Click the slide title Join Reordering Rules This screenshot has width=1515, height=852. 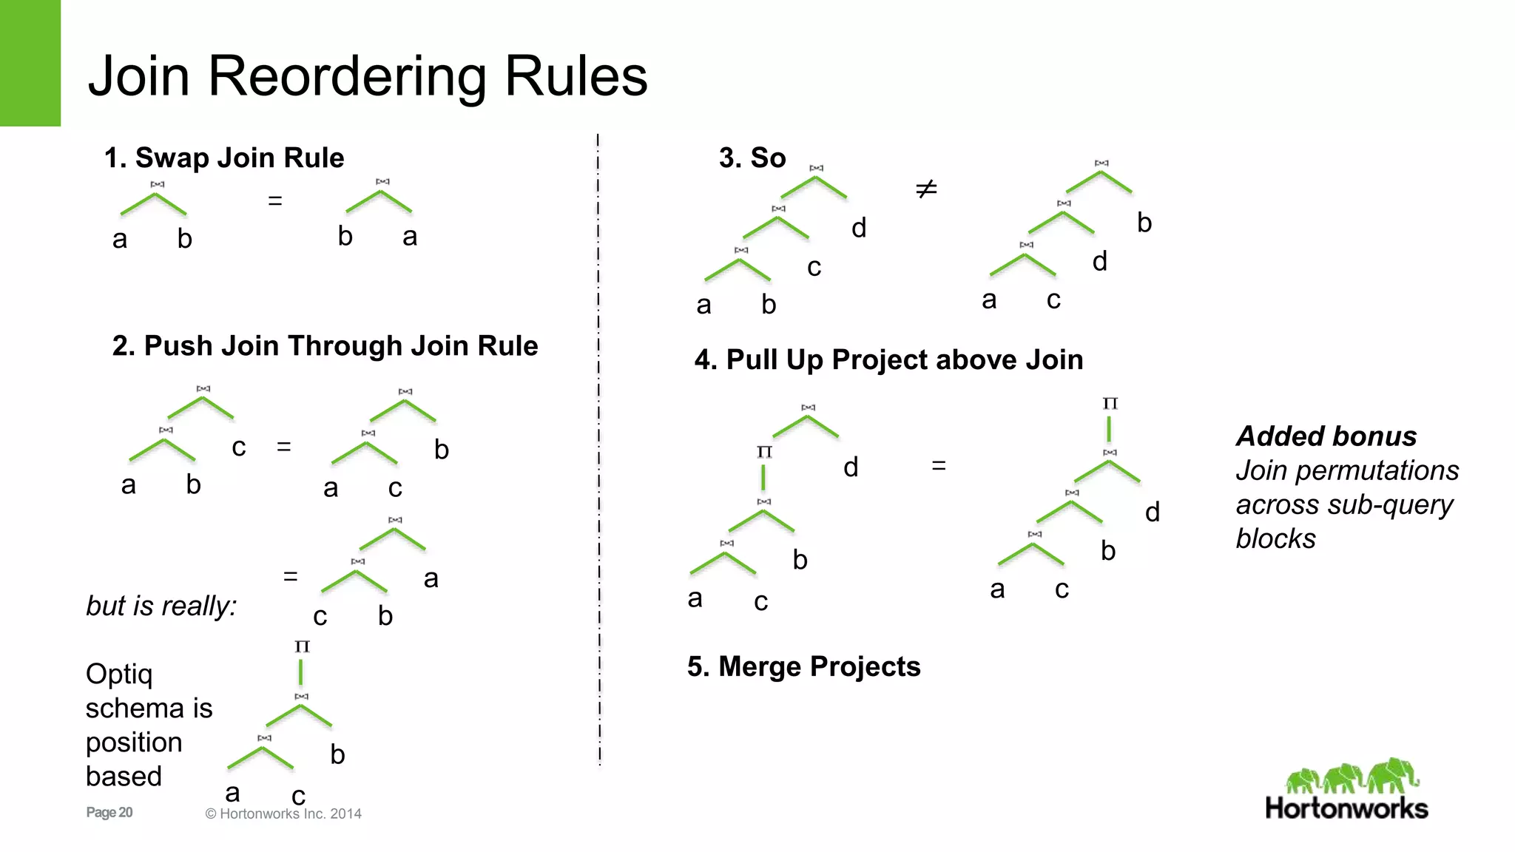pos(368,76)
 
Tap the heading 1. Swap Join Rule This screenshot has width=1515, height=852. pos(224,158)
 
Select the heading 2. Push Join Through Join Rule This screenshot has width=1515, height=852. pos(325,345)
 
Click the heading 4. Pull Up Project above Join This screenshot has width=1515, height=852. pos(888,359)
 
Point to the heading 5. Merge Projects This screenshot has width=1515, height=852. pos(803,666)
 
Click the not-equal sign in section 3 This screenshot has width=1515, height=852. pos(926,189)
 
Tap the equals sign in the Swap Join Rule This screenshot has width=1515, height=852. pos(275,200)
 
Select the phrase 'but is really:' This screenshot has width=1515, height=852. pos(161,606)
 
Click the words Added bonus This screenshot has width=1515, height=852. pos(1326,436)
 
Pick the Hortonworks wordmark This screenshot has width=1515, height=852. pos(1346,808)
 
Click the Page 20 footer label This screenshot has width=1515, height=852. pos(109,812)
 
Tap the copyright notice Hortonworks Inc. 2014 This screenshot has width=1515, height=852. pos(283,814)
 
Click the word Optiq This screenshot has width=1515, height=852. pos(119,674)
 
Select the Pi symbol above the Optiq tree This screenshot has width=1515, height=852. pos(302,646)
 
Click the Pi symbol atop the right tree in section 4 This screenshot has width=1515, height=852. pos(1110,404)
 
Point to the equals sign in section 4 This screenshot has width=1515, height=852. pos(939,466)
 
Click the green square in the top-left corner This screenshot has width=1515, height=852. pos(30,63)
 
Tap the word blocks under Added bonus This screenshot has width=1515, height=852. pos(1276,538)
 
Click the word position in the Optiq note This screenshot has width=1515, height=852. pos(134,743)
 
